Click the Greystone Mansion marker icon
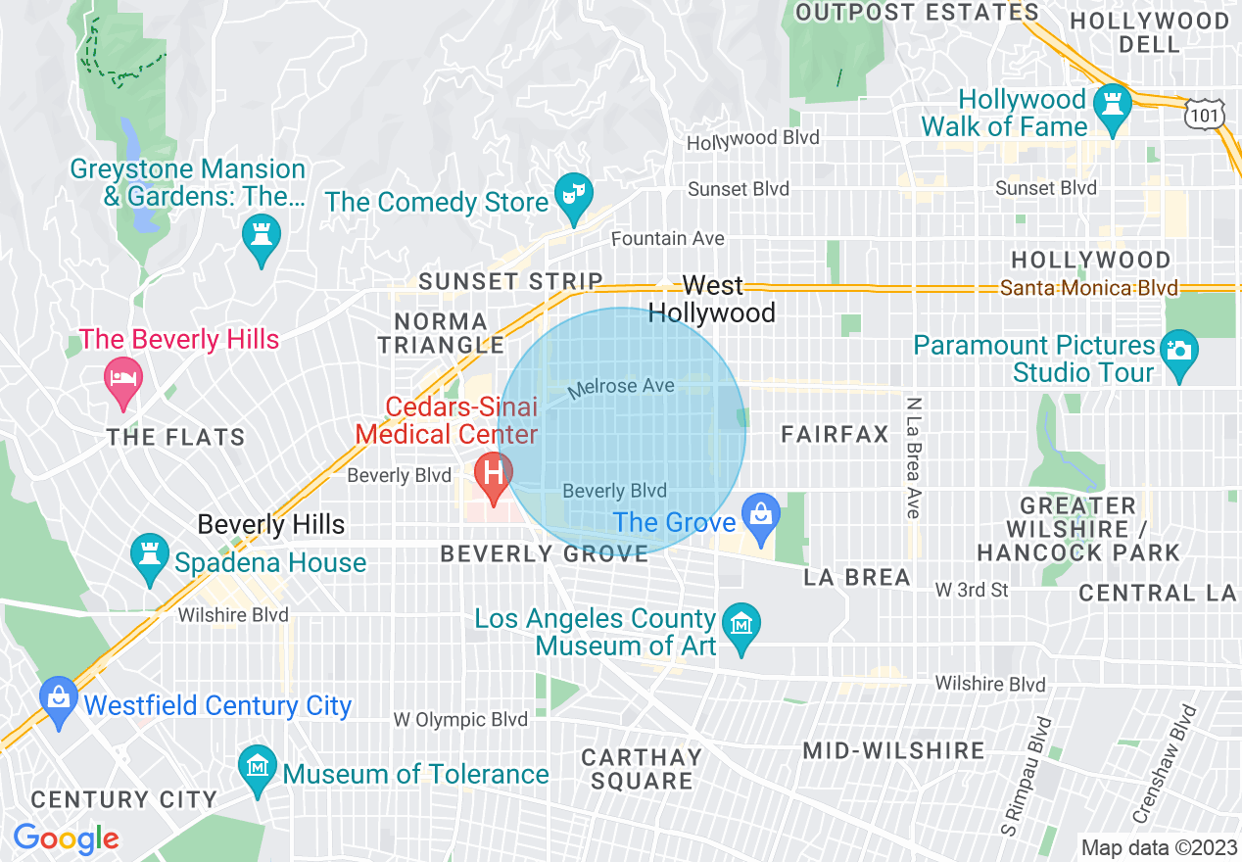pyautogui.click(x=262, y=235)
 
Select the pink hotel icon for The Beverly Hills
pyautogui.click(x=123, y=377)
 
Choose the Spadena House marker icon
pyautogui.click(x=150, y=556)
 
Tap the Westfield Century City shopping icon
pyautogui.click(x=59, y=697)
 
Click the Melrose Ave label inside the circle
pyautogui.click(x=622, y=387)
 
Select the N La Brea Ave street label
pyautogui.click(x=913, y=457)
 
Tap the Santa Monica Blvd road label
pyautogui.click(x=1089, y=289)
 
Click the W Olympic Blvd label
pyautogui.click(x=460, y=720)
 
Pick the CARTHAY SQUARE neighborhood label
pyautogui.click(x=642, y=769)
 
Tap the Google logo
pyautogui.click(x=66, y=838)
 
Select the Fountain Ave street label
pyautogui.click(x=668, y=238)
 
